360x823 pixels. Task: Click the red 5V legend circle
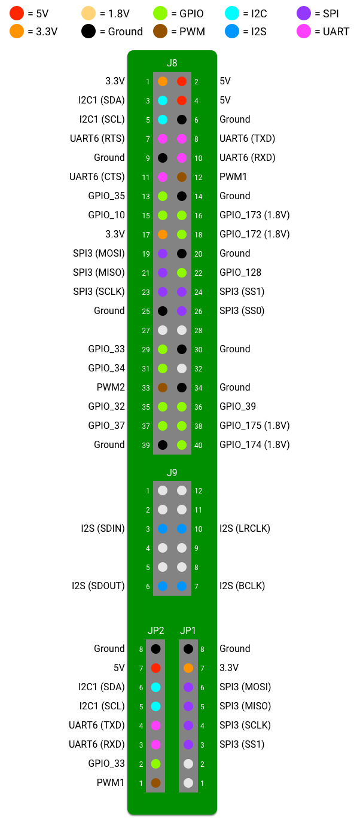[17, 13]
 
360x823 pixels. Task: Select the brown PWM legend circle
[160, 31]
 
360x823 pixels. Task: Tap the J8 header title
[172, 63]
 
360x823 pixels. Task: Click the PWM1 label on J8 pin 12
[233, 176]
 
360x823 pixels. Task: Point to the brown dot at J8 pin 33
[163, 387]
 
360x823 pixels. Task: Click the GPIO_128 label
[240, 272]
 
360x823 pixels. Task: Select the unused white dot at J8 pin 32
[181, 368]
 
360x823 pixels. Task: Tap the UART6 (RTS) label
[97, 139]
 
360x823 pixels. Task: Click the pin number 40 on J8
[199, 446]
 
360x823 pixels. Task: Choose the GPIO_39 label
[237, 406]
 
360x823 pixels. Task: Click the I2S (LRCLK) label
[245, 528]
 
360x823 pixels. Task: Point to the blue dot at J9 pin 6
[163, 586]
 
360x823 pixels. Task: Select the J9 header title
[172, 473]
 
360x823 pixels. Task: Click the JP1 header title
[188, 630]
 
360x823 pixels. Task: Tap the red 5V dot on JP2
[155, 668]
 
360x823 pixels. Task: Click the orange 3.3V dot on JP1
[188, 668]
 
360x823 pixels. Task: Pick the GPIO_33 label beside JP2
[106, 763]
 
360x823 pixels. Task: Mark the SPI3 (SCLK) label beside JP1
[245, 726]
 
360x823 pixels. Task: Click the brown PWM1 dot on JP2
[155, 782]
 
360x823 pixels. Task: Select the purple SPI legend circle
[304, 13]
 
